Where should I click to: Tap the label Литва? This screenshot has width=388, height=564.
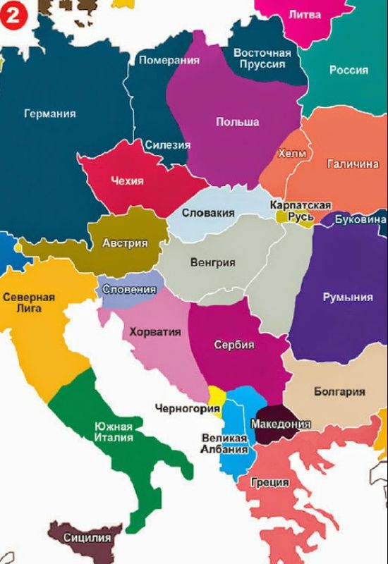coord(304,15)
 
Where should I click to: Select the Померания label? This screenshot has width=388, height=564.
coord(169,61)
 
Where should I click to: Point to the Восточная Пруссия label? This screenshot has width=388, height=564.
coord(262,59)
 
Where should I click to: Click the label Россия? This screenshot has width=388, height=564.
coord(348,70)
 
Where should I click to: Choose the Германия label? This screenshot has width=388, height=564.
coord(49,114)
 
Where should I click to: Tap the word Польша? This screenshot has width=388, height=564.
coord(237,122)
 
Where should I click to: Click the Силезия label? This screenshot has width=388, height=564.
coord(168,145)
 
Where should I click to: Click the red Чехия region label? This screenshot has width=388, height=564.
coord(127,181)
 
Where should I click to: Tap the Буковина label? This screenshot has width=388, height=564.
coord(360,219)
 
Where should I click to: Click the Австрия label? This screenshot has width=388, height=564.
coord(125,243)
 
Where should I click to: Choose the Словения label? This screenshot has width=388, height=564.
coord(129,289)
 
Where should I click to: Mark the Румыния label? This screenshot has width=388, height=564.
coord(348,297)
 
